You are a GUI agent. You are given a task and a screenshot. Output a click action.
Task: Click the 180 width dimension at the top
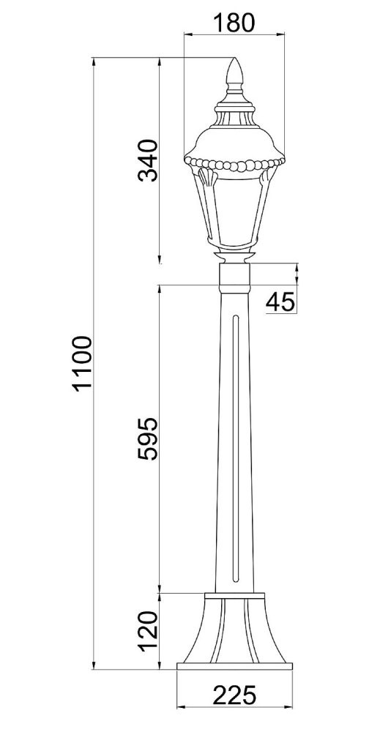(x=234, y=23)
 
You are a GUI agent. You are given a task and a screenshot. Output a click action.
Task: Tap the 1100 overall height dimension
(x=83, y=363)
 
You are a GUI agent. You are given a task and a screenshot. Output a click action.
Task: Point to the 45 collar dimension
(x=280, y=302)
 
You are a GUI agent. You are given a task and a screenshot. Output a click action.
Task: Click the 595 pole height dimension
(x=149, y=438)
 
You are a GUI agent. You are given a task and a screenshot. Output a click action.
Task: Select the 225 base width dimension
(x=234, y=695)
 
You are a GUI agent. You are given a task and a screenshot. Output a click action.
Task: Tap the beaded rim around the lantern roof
(x=234, y=164)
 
